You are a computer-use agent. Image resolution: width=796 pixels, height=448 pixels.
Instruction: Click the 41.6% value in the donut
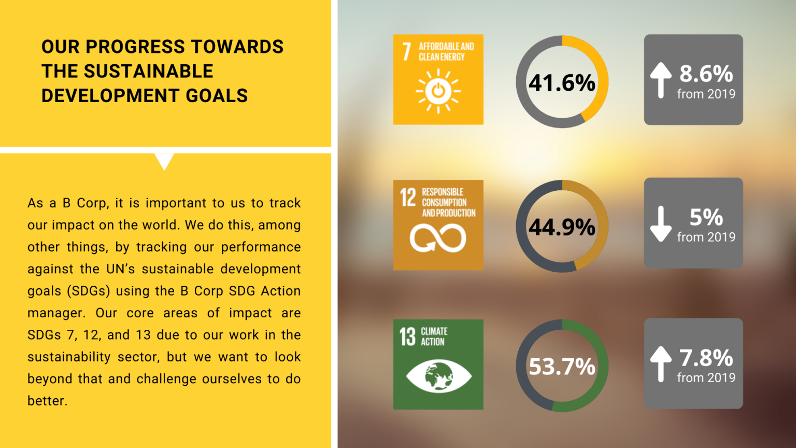coord(562,83)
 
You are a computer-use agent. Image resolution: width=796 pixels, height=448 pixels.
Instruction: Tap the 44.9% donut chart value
coord(562,227)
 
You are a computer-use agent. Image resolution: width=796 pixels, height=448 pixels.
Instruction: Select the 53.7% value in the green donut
coord(562,367)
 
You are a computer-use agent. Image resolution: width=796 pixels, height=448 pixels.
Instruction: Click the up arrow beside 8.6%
coord(661,80)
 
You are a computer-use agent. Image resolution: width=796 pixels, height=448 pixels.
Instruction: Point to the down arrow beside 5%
coord(661,223)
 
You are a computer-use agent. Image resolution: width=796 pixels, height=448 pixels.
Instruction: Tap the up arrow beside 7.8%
coord(661,363)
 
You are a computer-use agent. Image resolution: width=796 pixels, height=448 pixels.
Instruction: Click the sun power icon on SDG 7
coord(438,91)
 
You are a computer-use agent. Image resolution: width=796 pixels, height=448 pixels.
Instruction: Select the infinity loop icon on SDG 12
coord(438,238)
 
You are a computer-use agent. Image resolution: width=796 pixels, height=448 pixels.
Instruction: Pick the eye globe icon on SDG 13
coord(438,376)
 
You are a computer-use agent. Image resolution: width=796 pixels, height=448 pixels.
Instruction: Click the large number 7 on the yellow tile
coord(407,51)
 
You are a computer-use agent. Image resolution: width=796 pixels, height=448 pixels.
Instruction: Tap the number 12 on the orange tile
coord(408,197)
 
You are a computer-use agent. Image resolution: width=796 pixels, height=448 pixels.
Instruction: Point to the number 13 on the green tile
coord(407,337)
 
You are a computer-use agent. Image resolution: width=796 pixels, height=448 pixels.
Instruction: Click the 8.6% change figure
coord(706,74)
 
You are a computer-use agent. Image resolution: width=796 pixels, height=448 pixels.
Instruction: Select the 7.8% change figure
coord(706,358)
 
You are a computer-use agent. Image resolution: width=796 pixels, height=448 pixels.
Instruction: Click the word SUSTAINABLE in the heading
coord(148,71)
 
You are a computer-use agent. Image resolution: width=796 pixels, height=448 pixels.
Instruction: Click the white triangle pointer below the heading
coord(164,161)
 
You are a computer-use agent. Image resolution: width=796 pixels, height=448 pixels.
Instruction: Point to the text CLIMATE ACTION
coord(434,337)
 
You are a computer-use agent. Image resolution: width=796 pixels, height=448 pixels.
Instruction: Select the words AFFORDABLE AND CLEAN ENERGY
coord(446,51)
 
